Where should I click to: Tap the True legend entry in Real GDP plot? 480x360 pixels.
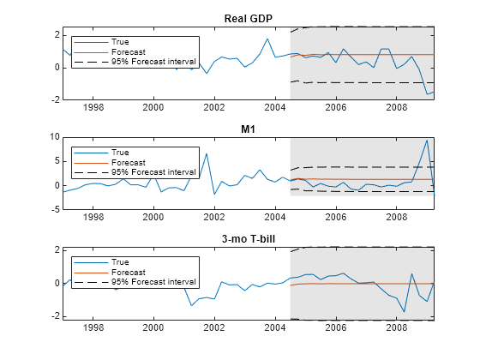pos(120,41)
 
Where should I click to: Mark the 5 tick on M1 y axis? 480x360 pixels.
pos(56,161)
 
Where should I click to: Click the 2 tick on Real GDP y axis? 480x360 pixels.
pos(56,34)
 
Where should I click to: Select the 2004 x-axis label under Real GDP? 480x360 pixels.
pos(274,109)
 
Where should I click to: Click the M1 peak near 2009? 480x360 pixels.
pos(426,140)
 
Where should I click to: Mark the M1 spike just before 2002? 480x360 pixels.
pos(207,153)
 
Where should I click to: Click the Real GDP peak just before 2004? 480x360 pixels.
pos(267,39)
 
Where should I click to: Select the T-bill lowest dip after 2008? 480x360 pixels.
pos(404,313)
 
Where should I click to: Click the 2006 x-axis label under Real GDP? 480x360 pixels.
pos(335,109)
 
